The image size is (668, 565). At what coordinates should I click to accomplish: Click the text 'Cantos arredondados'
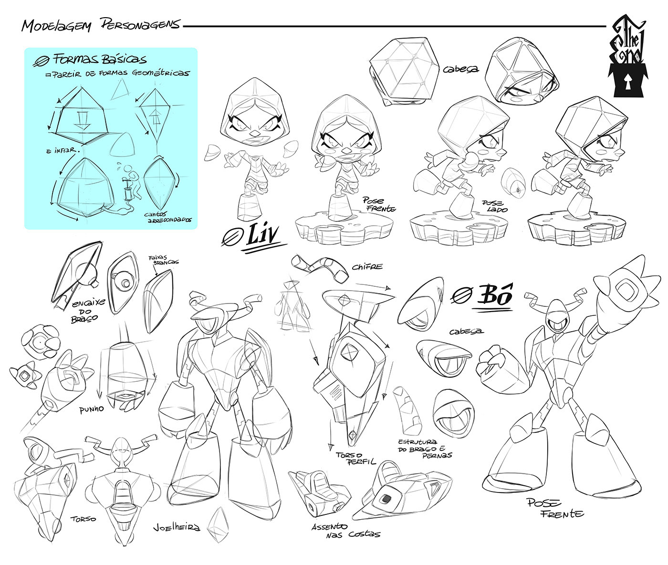[x=169, y=217]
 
